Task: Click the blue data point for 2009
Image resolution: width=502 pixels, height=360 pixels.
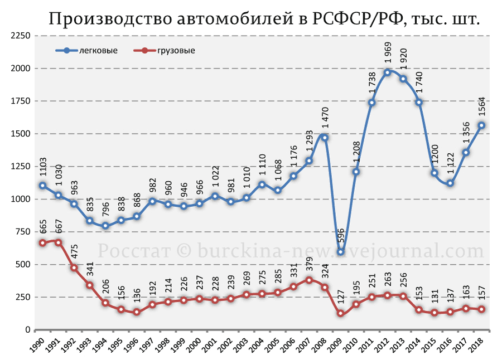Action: [340, 252]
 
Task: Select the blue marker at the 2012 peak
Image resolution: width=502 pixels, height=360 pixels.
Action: [388, 72]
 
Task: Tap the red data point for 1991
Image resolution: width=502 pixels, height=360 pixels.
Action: [58, 242]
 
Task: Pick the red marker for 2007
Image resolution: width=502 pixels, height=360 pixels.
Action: [309, 280]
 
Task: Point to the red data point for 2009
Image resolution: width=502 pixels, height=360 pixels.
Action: [340, 313]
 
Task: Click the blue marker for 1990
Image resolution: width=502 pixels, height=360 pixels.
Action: [42, 185]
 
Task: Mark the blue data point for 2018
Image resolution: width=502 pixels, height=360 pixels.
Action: [481, 125]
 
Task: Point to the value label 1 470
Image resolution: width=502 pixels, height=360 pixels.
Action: [325, 118]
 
